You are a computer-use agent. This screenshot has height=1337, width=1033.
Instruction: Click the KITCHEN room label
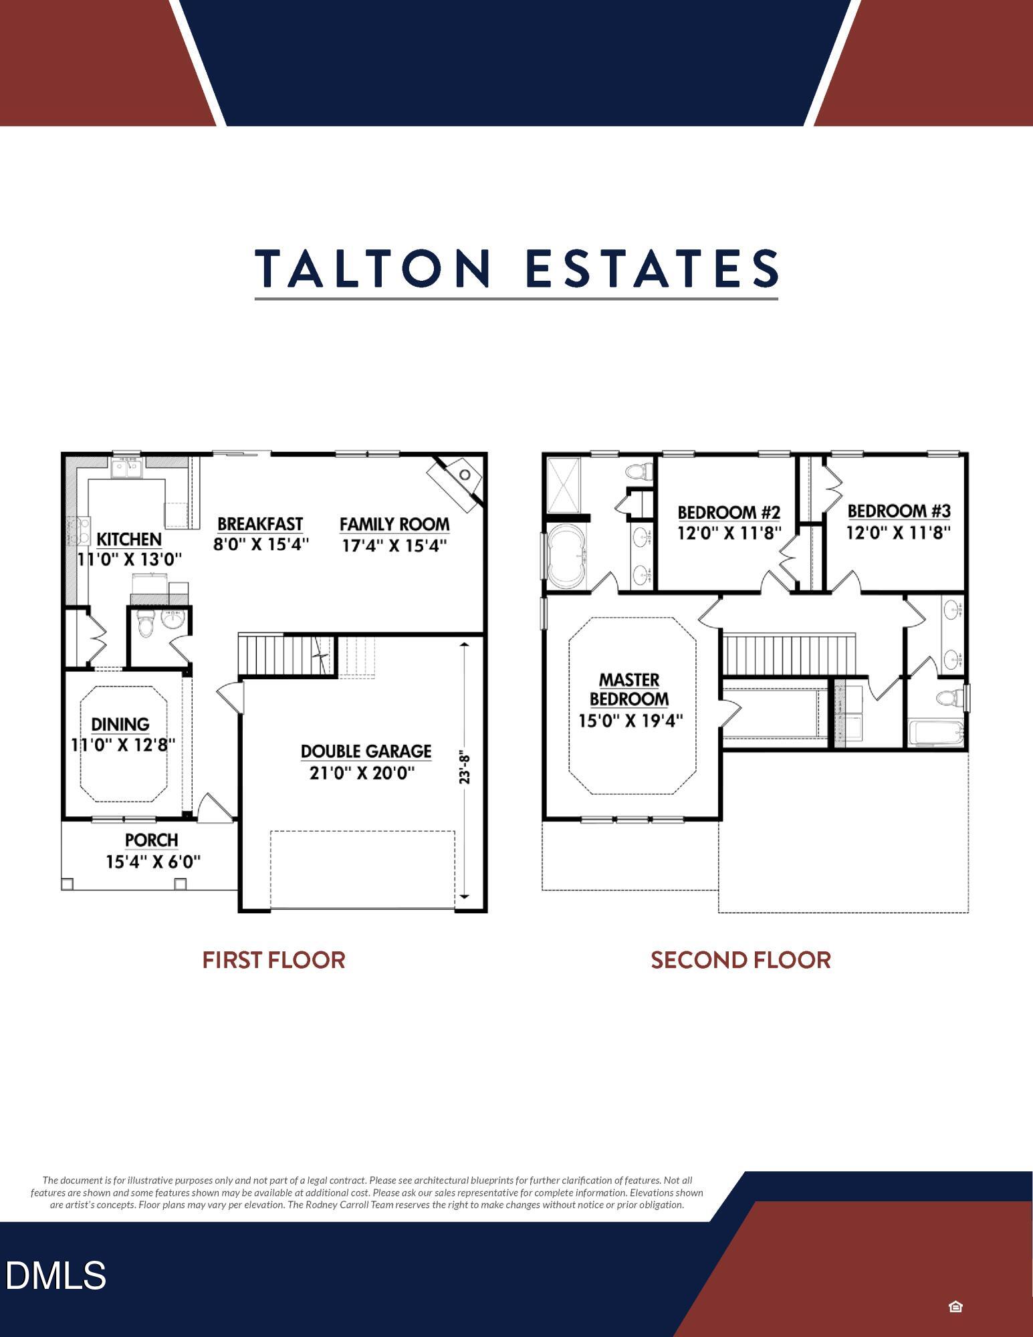(129, 539)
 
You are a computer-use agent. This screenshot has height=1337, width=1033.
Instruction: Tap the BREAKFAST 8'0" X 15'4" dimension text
(261, 545)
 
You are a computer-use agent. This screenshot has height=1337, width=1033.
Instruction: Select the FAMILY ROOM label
(394, 525)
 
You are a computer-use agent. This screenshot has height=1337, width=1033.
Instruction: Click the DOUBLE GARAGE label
(366, 751)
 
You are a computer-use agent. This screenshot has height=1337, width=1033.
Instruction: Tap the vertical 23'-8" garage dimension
(465, 767)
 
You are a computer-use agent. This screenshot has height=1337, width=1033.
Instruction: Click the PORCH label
(152, 840)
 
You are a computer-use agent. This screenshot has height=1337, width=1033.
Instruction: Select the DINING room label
(120, 724)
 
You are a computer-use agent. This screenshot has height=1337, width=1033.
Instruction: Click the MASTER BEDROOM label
(629, 689)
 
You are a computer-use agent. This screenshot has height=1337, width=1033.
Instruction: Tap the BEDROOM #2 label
(729, 513)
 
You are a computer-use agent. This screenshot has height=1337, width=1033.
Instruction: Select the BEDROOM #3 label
(899, 511)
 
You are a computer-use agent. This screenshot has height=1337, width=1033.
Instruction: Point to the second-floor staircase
(789, 654)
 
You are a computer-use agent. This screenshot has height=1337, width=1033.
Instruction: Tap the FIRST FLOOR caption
(273, 961)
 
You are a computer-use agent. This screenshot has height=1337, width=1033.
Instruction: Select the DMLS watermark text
(56, 1275)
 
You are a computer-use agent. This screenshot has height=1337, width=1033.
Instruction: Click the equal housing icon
(955, 1306)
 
